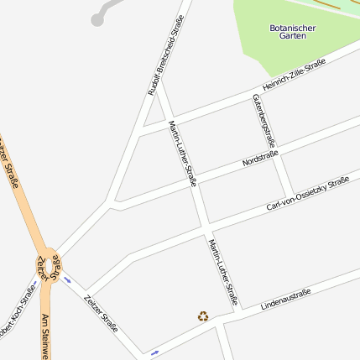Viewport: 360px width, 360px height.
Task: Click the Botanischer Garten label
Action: [x=293, y=32]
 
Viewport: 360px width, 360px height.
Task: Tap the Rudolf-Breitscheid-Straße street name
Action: [x=165, y=59]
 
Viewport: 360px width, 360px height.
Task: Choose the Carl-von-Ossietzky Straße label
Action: [x=307, y=194]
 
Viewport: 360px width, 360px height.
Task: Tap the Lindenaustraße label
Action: [x=285, y=298]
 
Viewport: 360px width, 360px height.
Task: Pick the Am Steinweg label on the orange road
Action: [x=44, y=336]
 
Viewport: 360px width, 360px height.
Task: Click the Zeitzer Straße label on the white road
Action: [x=101, y=313]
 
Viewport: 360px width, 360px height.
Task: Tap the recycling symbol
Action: [x=202, y=316]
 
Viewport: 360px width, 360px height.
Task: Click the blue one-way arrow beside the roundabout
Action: [x=67, y=280]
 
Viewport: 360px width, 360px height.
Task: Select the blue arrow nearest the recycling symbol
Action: [x=155, y=352]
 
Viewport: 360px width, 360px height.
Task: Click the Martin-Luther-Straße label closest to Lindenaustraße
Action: [x=223, y=270]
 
